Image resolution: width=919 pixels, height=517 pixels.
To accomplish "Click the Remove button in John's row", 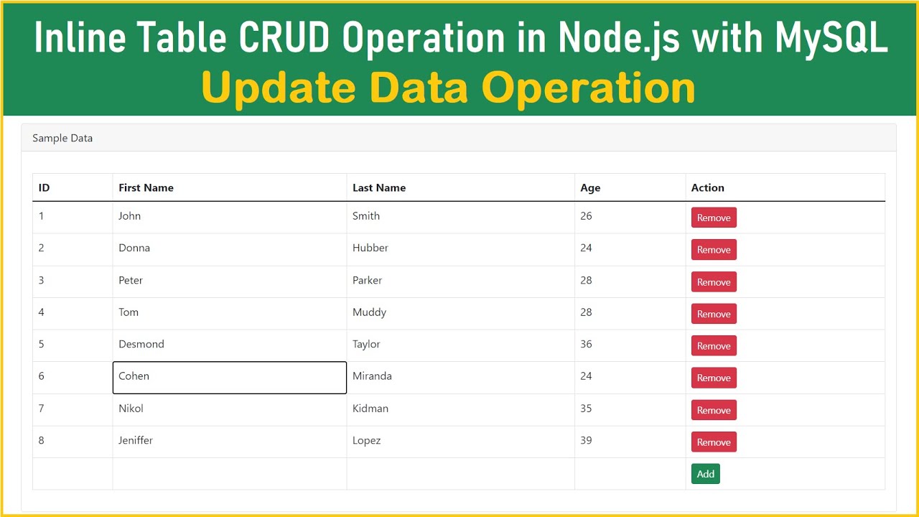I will pos(714,218).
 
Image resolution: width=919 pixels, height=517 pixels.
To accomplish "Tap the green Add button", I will pos(705,474).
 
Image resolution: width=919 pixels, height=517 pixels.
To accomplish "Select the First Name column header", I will pos(146,187).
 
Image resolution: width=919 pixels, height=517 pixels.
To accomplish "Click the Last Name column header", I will pos(379,187).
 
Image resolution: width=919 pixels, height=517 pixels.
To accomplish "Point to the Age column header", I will pos(590,187).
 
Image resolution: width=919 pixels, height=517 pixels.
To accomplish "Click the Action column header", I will pos(707,187).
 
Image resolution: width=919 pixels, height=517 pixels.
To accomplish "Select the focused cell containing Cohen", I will pos(229,377).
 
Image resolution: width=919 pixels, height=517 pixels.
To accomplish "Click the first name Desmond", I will pos(141,344).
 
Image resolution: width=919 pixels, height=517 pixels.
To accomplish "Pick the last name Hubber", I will pos(370,248).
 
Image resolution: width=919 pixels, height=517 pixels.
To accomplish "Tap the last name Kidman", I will pos(370,409).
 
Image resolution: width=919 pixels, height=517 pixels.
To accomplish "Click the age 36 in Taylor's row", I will pos(587,344).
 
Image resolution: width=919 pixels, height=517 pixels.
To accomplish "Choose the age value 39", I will pos(587,440).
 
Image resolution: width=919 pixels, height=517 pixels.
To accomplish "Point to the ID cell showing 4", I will pos(42,312).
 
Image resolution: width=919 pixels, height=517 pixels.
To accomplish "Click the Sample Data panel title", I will pos(62,138).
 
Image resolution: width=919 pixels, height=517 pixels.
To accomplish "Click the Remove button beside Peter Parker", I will pos(714,282).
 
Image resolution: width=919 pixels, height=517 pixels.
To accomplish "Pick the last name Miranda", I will pos(372,376).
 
